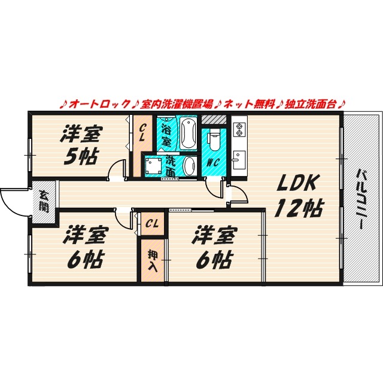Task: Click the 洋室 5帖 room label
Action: [x=80, y=145]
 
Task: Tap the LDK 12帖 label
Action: [x=299, y=196]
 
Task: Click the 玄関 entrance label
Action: [x=44, y=200]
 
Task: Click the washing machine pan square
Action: [x=152, y=166]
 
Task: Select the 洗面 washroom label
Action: [x=171, y=166]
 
